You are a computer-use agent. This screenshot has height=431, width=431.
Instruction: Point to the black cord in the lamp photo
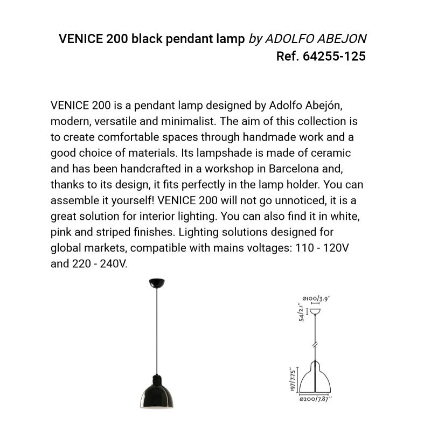156,329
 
